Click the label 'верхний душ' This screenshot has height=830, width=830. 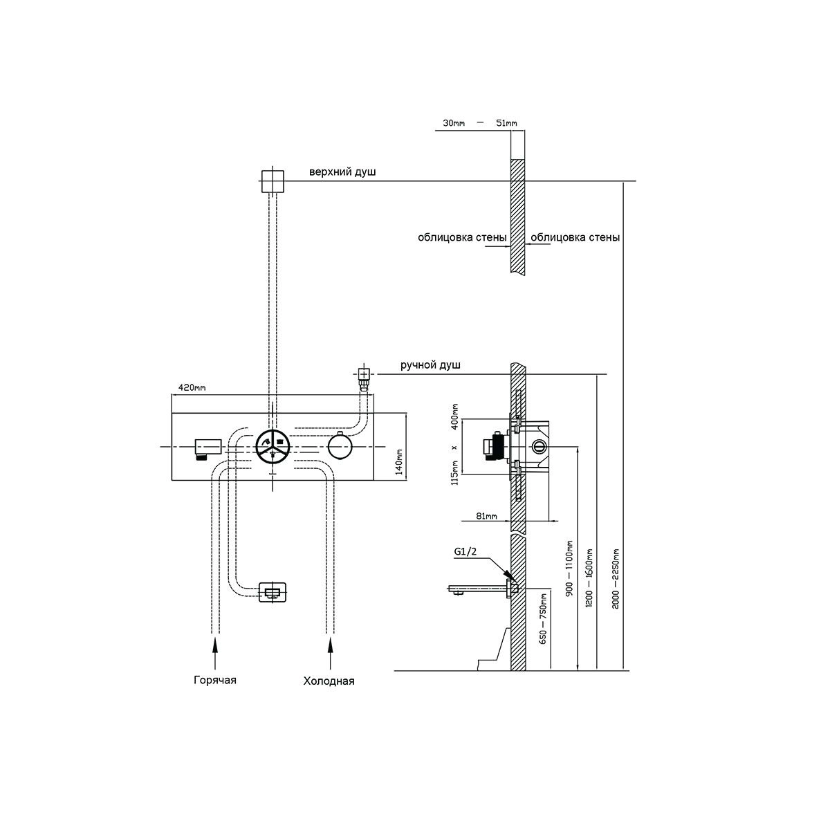point(342,172)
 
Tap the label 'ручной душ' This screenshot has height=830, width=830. point(430,365)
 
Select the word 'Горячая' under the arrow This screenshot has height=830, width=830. point(215,680)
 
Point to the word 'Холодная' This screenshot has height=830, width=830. point(329,681)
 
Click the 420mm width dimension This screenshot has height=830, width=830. point(192,387)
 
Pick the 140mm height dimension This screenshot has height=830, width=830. point(399,461)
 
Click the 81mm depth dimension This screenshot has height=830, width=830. point(487,515)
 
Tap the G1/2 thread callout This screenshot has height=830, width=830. point(465,551)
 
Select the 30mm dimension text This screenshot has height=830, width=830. point(454,122)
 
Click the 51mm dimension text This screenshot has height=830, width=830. point(506,122)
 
